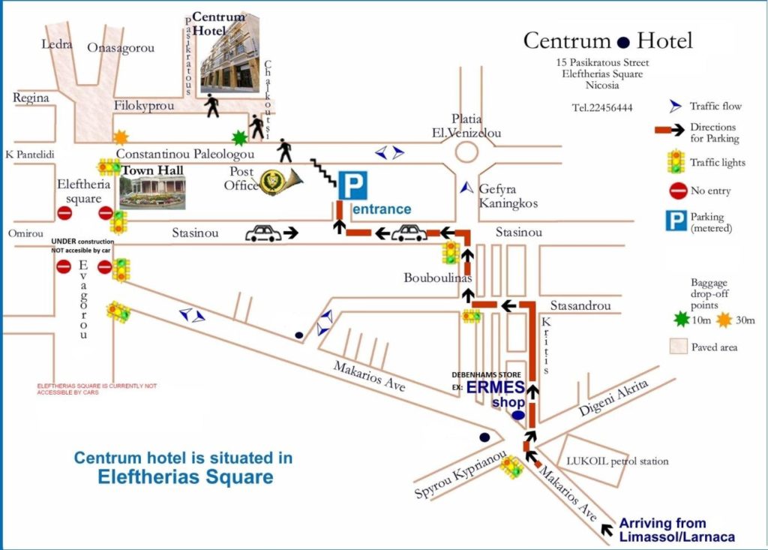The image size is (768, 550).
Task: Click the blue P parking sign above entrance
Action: (352, 185)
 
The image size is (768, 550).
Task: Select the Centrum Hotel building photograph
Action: (229, 53)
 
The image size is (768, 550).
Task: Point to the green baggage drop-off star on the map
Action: (239, 138)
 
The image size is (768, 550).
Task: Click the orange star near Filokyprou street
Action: (121, 137)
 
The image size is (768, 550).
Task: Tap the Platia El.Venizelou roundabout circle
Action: (466, 152)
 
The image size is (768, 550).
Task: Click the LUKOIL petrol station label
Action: (617, 461)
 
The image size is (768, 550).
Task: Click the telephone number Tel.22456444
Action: (602, 108)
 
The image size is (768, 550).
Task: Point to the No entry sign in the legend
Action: (678, 191)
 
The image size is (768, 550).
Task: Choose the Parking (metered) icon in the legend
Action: (676, 221)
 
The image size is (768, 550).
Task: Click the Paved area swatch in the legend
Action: (678, 346)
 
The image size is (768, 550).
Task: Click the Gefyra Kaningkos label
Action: (508, 196)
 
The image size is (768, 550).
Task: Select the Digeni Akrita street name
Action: (613, 398)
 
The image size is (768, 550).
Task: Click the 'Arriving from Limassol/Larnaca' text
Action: (677, 530)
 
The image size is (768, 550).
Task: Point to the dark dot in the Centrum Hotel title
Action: (623, 43)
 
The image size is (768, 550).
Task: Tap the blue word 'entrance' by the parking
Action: (382, 209)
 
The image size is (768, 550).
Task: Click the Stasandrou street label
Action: (580, 306)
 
